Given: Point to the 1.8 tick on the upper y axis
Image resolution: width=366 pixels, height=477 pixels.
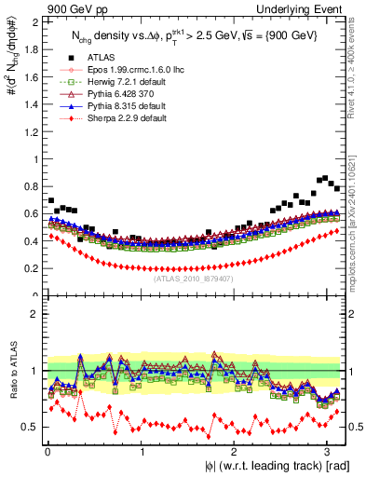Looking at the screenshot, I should point(30,49).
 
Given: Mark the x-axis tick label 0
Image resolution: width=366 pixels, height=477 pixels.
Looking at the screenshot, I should point(47,451).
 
